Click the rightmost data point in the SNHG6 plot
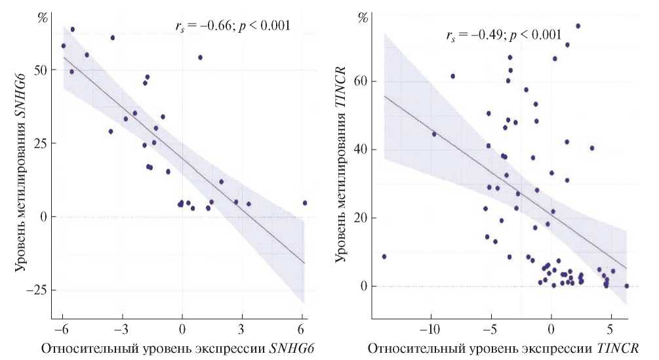(304, 203)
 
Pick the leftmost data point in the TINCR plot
(384, 256)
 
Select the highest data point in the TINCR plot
(578, 26)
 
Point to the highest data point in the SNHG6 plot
(72, 30)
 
